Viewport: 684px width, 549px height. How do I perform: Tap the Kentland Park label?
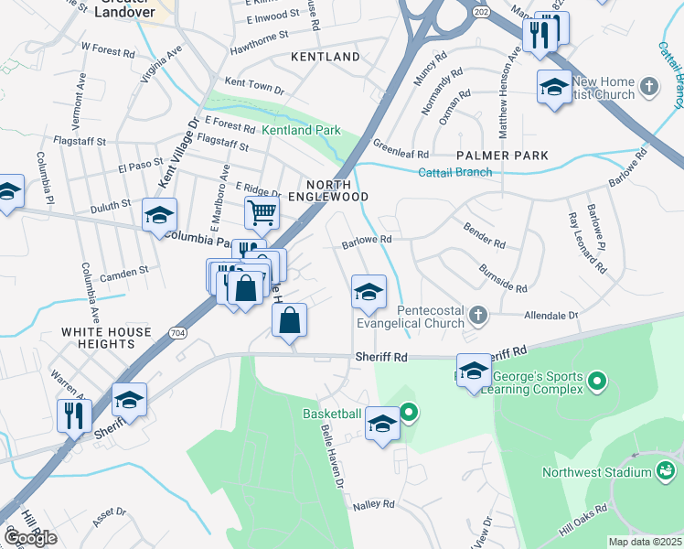pyautogui.click(x=301, y=131)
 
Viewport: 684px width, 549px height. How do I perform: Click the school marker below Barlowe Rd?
pyautogui.click(x=369, y=293)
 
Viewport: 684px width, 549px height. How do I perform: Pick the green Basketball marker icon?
pyautogui.click(x=409, y=414)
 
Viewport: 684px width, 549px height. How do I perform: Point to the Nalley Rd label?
pyautogui.click(x=373, y=504)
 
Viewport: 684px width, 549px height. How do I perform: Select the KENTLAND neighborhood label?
pyautogui.click(x=326, y=57)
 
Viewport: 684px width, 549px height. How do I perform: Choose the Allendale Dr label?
pyautogui.click(x=551, y=315)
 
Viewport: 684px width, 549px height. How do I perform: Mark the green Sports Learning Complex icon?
pyautogui.click(x=596, y=379)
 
